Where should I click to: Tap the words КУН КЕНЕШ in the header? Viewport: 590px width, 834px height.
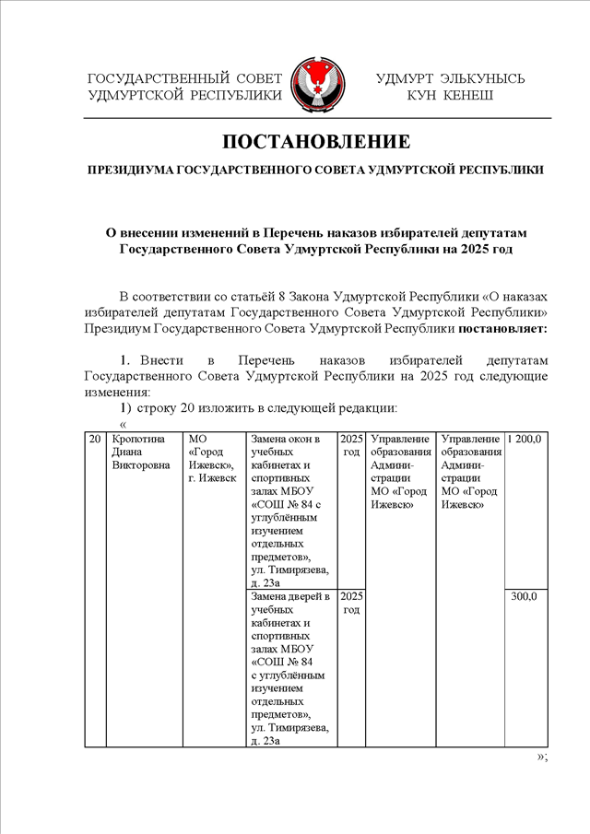tap(450, 95)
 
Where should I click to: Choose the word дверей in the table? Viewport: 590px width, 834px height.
tap(311, 596)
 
